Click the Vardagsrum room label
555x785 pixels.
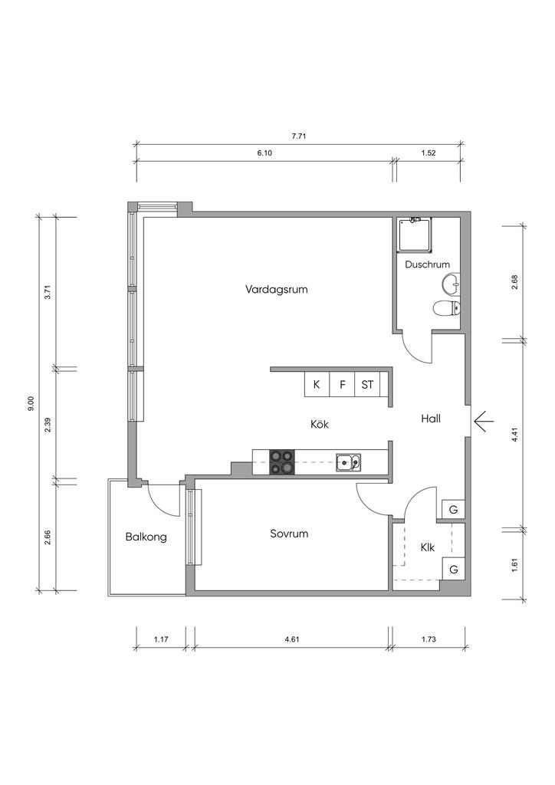[x=276, y=289]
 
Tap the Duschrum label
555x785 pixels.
[x=427, y=264]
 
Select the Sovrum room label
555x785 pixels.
[x=289, y=534]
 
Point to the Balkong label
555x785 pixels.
[x=146, y=537]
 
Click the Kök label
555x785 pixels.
[x=320, y=424]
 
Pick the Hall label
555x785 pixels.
[x=430, y=419]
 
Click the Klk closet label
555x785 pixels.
[x=428, y=547]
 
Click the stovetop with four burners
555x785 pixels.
[x=282, y=462]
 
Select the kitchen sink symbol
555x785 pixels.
[x=349, y=462]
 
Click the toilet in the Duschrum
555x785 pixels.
[x=445, y=308]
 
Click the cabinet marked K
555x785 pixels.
[x=317, y=385]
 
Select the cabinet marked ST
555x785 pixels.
[x=367, y=385]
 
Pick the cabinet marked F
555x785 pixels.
[x=343, y=385]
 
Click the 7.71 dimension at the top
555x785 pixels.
[x=299, y=136]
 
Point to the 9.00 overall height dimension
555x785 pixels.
[x=31, y=403]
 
